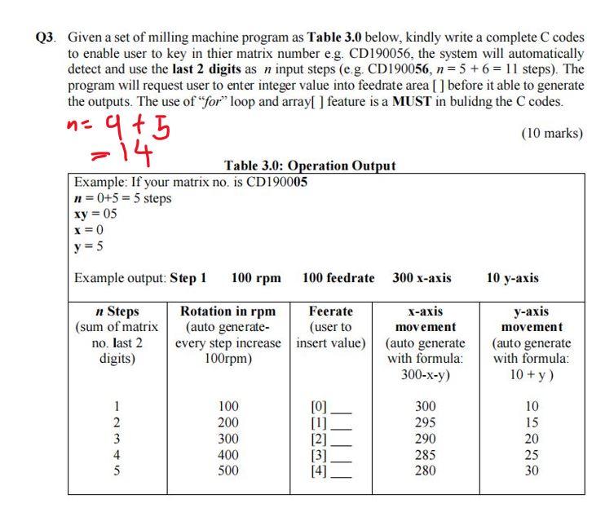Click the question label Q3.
pyautogui.click(x=47, y=38)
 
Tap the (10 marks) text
pyautogui.click(x=551, y=133)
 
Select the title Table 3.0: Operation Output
pyautogui.click(x=310, y=166)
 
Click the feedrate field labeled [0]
pyautogui.click(x=331, y=406)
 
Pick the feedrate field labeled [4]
pyautogui.click(x=331, y=470)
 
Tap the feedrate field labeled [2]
pyautogui.click(x=331, y=439)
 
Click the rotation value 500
pyautogui.click(x=230, y=470)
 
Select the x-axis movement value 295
pyautogui.click(x=425, y=422)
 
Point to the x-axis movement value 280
pyautogui.click(x=425, y=470)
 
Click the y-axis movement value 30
pyautogui.click(x=532, y=470)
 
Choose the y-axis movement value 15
pyautogui.click(x=532, y=422)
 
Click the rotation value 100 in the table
pyautogui.click(x=230, y=406)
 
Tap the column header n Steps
pyautogui.click(x=117, y=311)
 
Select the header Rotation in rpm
pyautogui.click(x=228, y=311)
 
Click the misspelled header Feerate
pyautogui.click(x=331, y=311)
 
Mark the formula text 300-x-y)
pyautogui.click(x=425, y=373)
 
